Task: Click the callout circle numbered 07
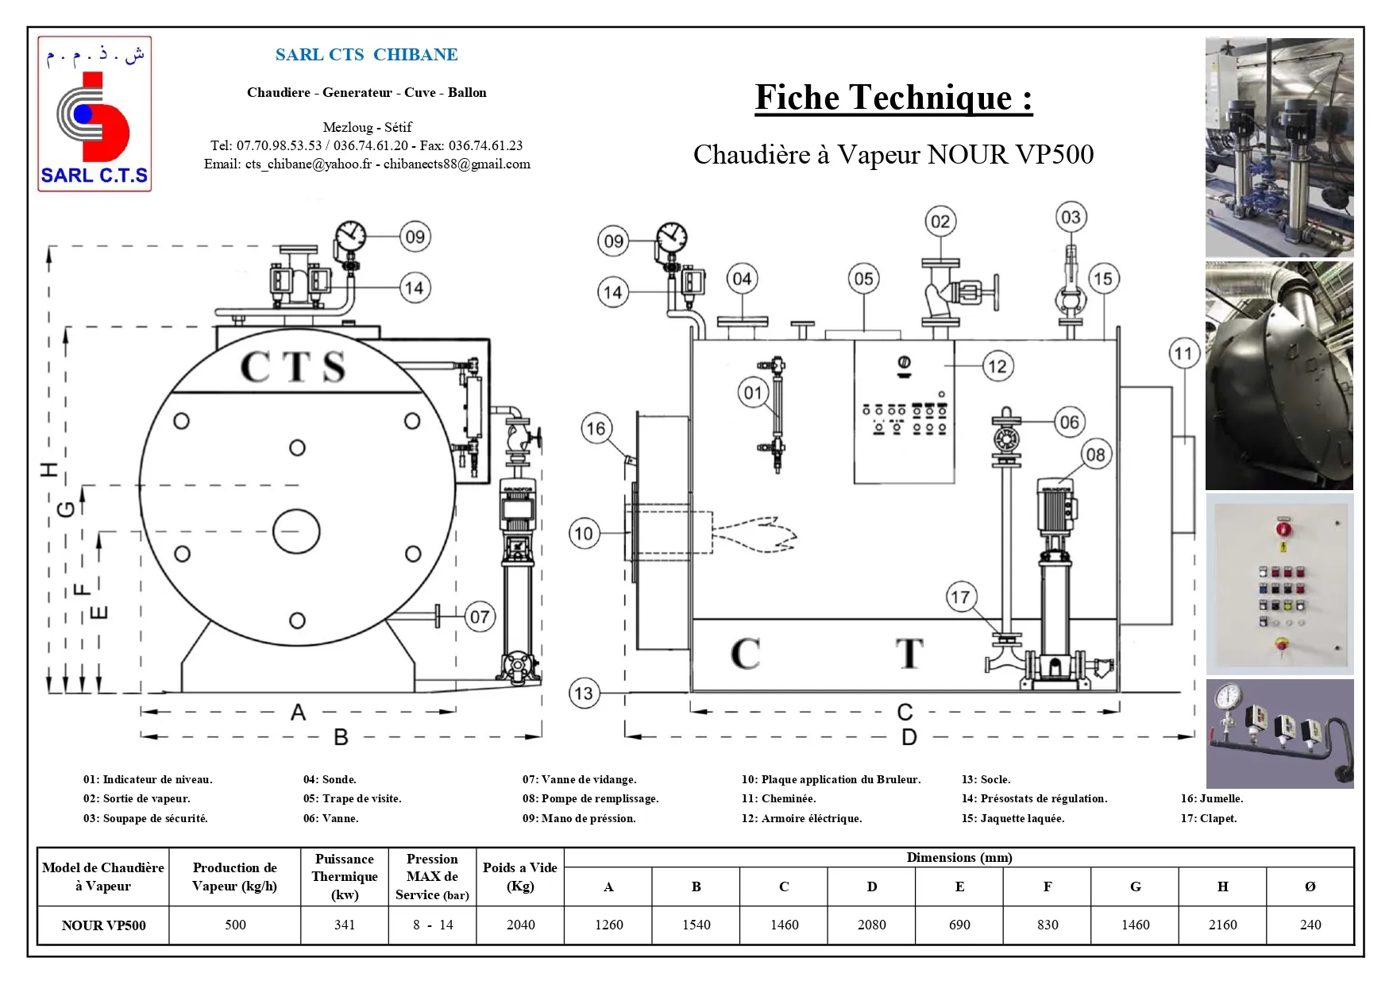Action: click(x=480, y=616)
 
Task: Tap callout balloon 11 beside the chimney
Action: click(x=1183, y=353)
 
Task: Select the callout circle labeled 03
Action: click(x=1071, y=217)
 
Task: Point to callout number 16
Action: click(x=596, y=429)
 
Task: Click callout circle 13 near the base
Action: click(x=584, y=693)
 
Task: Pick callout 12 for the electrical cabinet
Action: click(x=997, y=366)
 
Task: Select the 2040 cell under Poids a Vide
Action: click(x=520, y=925)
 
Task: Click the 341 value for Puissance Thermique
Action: click(x=345, y=925)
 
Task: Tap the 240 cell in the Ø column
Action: click(x=1310, y=925)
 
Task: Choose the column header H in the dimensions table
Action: click(x=1222, y=886)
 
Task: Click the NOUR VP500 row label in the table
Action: click(x=103, y=925)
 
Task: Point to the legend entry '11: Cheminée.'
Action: click(x=778, y=799)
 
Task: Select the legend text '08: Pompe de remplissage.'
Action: click(x=590, y=799)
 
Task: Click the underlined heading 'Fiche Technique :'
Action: click(x=893, y=98)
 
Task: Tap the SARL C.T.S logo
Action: click(x=95, y=114)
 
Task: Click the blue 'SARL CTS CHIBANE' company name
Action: click(x=366, y=55)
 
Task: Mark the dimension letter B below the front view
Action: click(x=341, y=737)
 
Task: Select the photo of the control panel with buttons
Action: click(x=1279, y=584)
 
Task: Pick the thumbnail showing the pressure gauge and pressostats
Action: click(x=1279, y=733)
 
